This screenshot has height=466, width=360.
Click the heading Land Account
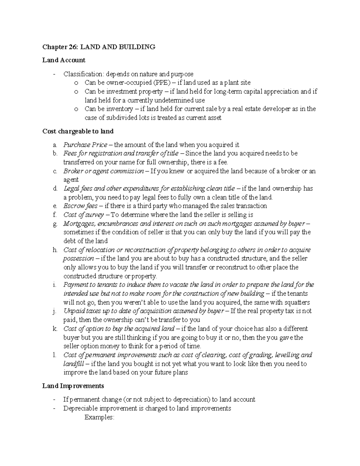click(x=64, y=60)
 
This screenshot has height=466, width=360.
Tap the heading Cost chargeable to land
click(x=78, y=131)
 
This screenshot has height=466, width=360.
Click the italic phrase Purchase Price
click(x=85, y=145)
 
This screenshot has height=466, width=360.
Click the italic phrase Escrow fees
click(x=80, y=206)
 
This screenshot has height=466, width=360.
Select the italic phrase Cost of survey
click(x=84, y=215)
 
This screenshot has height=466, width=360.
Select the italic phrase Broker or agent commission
click(x=103, y=171)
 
